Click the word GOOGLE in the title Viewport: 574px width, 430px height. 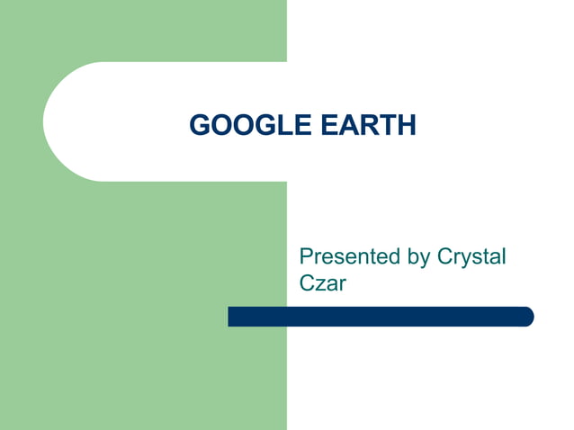coord(239,125)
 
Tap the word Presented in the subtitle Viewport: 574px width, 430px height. coord(349,257)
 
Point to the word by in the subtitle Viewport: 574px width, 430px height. coord(419,258)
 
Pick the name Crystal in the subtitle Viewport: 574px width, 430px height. coord(471,258)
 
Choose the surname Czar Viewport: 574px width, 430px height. coord(322,284)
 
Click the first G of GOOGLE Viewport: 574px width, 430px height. coord(199,125)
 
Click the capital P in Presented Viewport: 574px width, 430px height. coord(306,257)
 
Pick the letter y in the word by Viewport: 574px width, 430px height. coord(426,260)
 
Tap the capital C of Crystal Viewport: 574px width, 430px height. coord(444,257)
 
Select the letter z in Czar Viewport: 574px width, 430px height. coord(319,286)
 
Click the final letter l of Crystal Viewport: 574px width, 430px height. coord(504,257)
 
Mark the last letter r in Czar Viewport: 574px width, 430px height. coord(343,286)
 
